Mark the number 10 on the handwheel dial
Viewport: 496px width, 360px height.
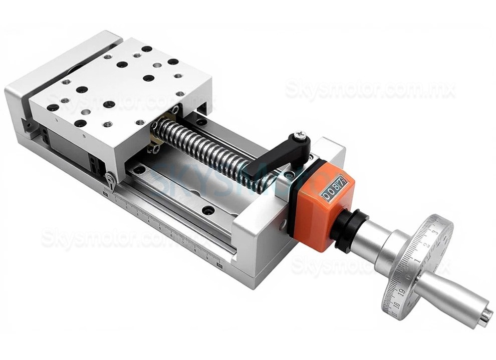tap(395, 304)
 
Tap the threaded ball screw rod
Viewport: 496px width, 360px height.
tap(210, 150)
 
